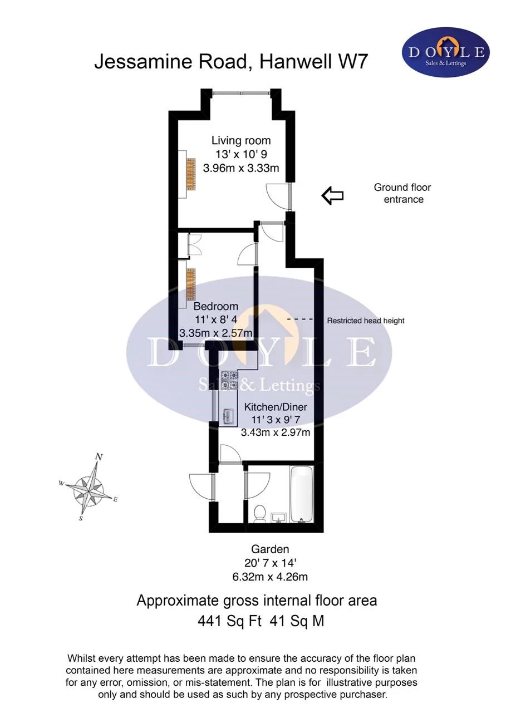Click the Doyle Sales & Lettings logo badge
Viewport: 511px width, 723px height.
[445, 52]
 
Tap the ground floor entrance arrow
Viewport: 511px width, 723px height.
[332, 195]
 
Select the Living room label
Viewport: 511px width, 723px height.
[241, 140]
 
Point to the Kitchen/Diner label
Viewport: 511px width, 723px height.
[276, 407]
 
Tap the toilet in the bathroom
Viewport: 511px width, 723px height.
[259, 514]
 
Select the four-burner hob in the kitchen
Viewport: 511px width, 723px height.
[229, 380]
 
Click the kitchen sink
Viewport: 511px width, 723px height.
[229, 417]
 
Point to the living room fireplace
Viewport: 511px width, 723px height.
[191, 174]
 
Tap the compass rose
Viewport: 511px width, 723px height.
[88, 489]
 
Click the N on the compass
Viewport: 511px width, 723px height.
[99, 457]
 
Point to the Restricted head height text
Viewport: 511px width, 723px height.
[366, 321]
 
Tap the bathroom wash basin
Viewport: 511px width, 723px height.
[278, 518]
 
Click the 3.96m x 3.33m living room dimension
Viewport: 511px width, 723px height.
[241, 168]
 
